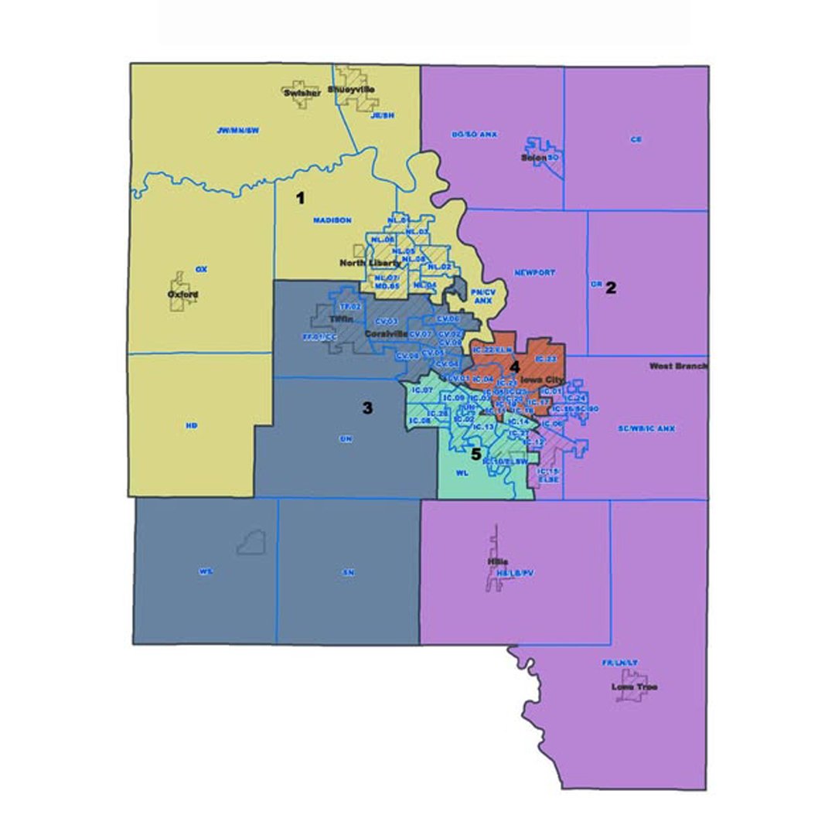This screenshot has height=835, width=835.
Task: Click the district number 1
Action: [300, 198]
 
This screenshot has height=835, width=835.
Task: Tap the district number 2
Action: [611, 288]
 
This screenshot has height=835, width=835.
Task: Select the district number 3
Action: [368, 408]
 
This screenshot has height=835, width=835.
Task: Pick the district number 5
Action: [477, 454]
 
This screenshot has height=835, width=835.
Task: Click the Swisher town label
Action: [302, 93]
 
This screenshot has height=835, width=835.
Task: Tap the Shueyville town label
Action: [351, 90]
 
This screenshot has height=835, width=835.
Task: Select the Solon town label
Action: [533, 158]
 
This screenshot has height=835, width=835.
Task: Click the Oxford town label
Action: [184, 295]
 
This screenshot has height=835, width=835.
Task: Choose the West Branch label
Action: [678, 366]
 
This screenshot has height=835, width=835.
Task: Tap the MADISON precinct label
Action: [332, 220]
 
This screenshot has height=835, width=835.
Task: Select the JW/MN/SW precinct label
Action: [238, 131]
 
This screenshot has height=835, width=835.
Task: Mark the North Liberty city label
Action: [370, 263]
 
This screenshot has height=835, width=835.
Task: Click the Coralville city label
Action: [387, 333]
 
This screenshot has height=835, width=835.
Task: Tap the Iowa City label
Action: [542, 380]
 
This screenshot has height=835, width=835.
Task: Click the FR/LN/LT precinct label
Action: [620, 663]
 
